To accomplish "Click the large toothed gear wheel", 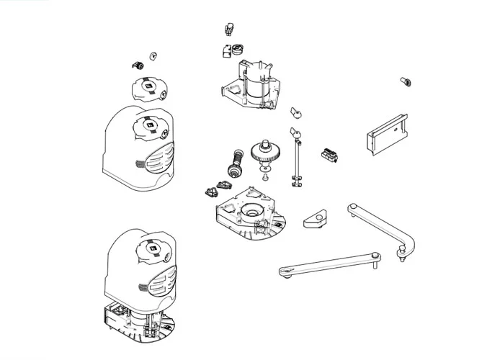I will point(264,154).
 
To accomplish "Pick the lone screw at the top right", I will point(404,82).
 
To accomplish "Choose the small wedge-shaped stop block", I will point(315,218).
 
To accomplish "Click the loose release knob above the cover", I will point(148,89).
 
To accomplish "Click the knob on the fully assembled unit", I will point(152,251).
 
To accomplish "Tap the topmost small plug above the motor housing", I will point(229,30).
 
